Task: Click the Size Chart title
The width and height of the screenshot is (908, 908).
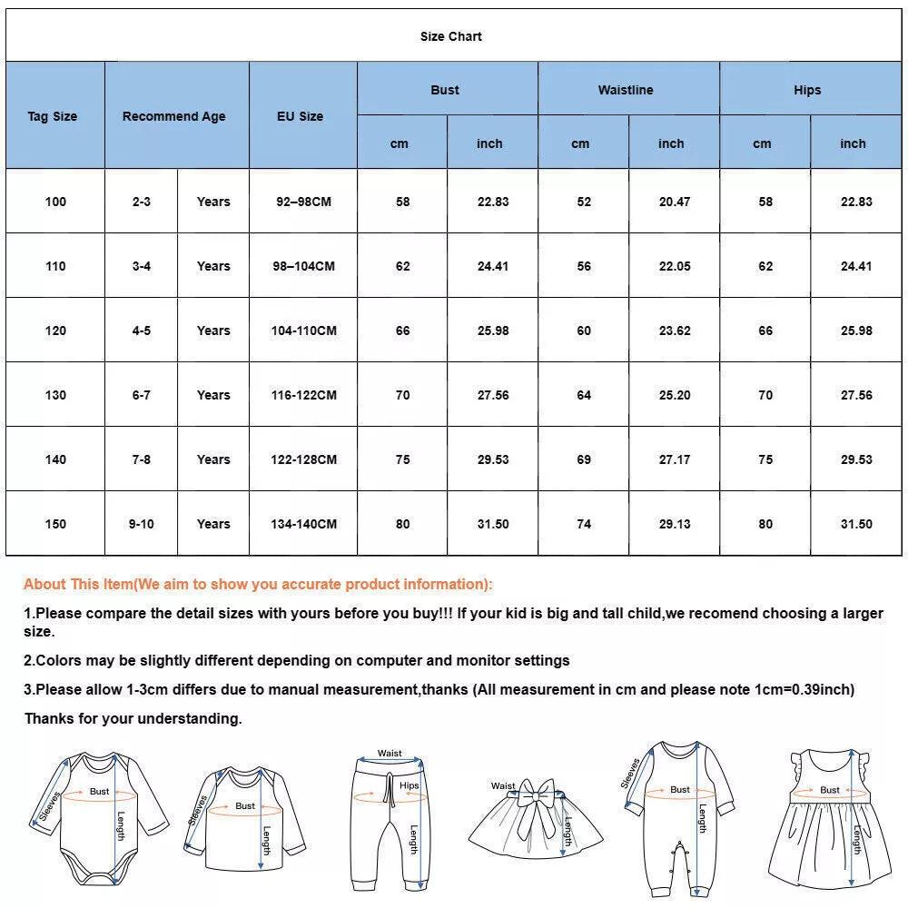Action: [x=450, y=36]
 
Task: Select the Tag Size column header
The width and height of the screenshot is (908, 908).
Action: [x=53, y=116]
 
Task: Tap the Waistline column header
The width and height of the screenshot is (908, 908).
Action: [x=626, y=90]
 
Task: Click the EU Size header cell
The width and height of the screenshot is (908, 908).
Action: [x=301, y=116]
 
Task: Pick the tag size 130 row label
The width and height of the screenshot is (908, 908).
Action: [x=55, y=395]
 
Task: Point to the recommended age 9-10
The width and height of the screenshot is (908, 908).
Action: [x=141, y=524]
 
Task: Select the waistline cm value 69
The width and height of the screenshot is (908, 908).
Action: [x=584, y=459]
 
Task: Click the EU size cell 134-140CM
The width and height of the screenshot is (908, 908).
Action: [x=303, y=524]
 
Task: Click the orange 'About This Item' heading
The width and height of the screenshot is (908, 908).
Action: [x=258, y=584]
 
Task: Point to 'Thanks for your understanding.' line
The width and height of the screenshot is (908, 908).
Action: [x=133, y=718]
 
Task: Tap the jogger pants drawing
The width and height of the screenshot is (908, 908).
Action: [x=389, y=822]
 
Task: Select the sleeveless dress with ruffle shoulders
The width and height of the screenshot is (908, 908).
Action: [x=825, y=822]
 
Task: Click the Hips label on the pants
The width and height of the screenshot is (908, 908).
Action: [x=410, y=785]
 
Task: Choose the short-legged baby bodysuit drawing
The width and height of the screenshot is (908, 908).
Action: [x=100, y=817]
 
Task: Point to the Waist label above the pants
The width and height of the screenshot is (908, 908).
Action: [x=390, y=754]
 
